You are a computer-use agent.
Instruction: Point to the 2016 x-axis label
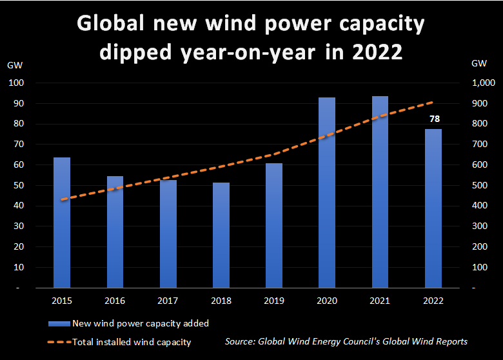(x=115, y=301)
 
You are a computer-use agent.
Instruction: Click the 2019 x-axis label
(x=274, y=301)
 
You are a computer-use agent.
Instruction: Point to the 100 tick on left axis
(x=16, y=83)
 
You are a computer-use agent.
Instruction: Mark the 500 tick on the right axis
(x=480, y=185)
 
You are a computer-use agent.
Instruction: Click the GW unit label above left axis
(x=14, y=65)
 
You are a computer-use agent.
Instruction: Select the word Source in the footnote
(x=241, y=341)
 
